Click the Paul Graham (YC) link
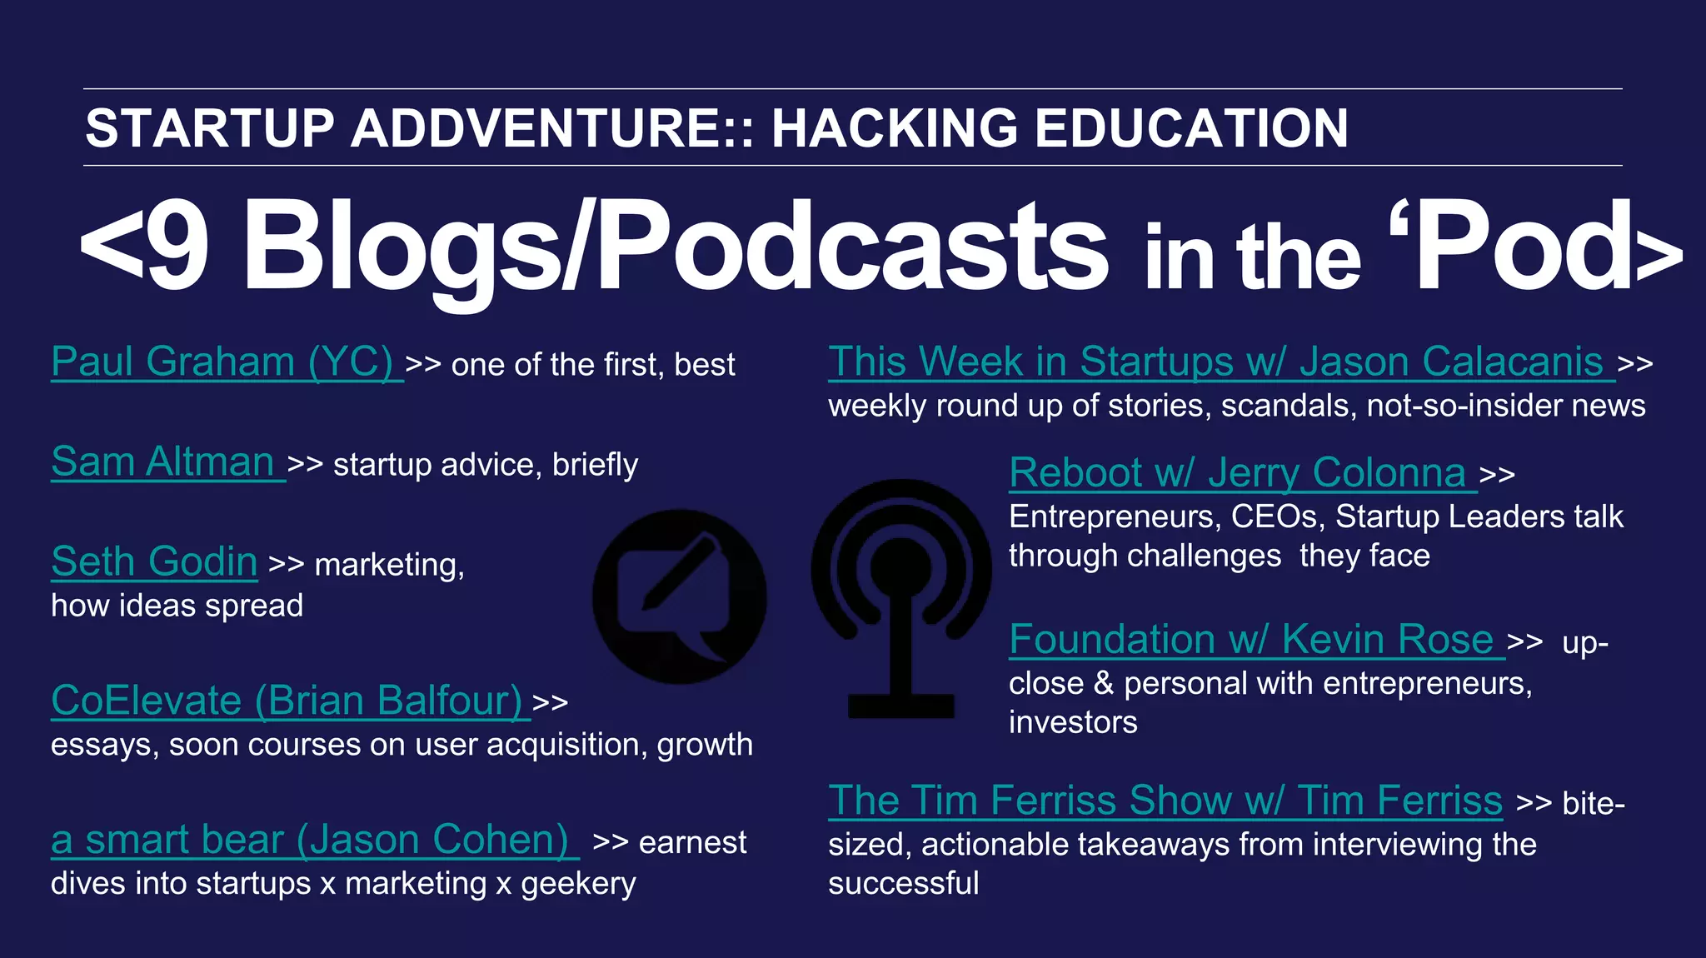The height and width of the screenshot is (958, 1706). coord(222,362)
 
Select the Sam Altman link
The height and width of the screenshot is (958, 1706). coord(163,462)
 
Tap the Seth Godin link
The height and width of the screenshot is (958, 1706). coord(154,562)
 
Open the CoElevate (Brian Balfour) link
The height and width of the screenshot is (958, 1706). coord(287,701)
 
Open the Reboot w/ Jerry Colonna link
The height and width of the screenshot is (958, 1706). coord(1237,473)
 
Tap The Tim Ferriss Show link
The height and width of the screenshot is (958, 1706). coord(1165,801)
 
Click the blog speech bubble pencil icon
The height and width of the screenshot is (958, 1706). coord(680,596)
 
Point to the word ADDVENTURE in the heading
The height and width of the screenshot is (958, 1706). coord(550,128)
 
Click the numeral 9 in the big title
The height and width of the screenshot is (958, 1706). coord(176,247)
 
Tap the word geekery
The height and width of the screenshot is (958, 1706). coord(578,885)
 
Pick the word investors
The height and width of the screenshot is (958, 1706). coord(1073,722)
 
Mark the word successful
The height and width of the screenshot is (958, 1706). coord(903,884)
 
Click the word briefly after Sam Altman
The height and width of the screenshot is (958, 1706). coord(595,465)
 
